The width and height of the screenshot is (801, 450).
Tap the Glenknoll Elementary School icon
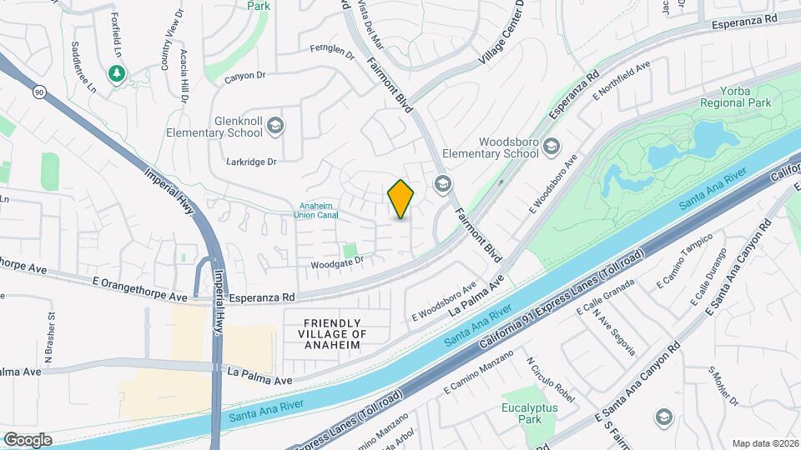coord(275,127)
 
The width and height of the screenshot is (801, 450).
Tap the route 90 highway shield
coord(38,92)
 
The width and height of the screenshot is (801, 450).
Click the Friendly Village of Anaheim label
coord(332,333)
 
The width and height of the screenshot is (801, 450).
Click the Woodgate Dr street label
coord(338,261)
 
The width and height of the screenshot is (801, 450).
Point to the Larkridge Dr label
coord(250,162)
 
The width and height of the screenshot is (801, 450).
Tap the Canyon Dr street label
coord(245,77)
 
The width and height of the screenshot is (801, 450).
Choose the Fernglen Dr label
coord(332,52)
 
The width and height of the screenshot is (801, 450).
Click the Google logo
coord(28,439)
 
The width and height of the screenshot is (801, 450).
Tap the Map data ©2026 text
coord(764,443)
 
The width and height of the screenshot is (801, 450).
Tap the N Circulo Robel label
coord(551,377)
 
